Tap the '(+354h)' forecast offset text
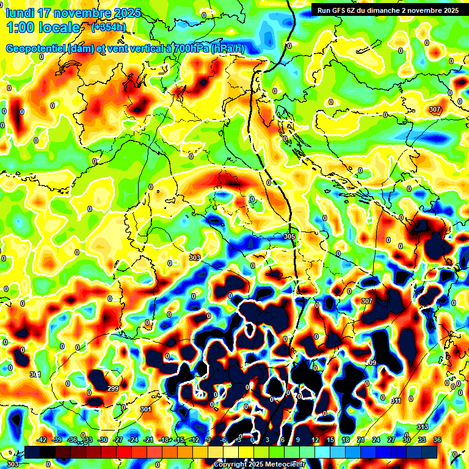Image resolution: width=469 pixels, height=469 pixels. point(108,27)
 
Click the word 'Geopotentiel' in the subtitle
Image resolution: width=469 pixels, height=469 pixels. point(35,49)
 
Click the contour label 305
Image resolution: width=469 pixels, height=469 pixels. point(289,236)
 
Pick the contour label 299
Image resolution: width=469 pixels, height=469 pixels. point(113,388)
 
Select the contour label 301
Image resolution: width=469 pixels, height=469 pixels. point(145,409)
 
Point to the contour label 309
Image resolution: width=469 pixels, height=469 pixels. point(371,363)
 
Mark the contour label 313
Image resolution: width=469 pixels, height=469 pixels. point(423,426)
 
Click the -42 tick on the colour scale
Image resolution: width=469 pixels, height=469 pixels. point(42,440)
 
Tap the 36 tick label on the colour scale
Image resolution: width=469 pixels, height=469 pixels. point(437,440)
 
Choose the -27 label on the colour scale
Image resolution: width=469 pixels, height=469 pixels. point(118,440)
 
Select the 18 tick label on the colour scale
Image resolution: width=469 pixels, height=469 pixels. point(346,440)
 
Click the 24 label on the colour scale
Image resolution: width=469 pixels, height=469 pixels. point(376,440)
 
